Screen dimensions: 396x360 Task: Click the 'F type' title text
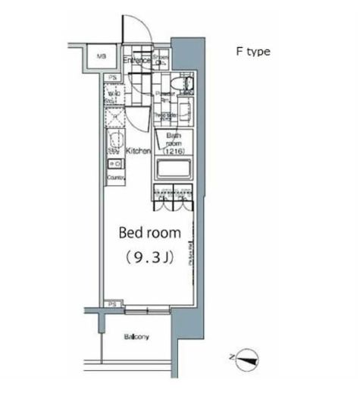coord(250,52)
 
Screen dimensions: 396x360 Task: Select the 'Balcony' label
coord(136,337)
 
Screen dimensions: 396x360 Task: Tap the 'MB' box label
coord(100,55)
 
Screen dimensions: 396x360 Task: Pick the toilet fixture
coord(184,83)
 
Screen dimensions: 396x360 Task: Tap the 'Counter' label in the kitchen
coord(115,177)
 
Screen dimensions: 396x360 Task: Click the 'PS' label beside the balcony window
coord(112,304)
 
